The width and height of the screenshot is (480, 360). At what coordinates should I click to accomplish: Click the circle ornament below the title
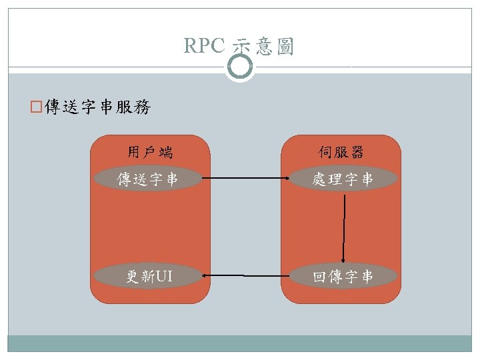[239, 67]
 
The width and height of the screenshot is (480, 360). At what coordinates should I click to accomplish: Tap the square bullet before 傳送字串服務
[37, 107]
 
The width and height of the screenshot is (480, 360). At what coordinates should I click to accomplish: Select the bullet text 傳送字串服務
[97, 107]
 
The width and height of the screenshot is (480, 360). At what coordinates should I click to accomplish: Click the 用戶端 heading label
[150, 153]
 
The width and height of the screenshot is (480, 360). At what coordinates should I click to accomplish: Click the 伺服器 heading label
[341, 153]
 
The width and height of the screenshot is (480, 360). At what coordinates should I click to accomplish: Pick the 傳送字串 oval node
[147, 179]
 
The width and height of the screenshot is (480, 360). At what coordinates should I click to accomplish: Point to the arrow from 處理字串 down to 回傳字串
[344, 227]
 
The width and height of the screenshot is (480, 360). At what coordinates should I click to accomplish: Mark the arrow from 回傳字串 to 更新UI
[243, 275]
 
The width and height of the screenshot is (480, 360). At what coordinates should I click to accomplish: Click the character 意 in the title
[265, 47]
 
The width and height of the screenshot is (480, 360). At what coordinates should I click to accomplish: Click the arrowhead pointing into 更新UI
[207, 275]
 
